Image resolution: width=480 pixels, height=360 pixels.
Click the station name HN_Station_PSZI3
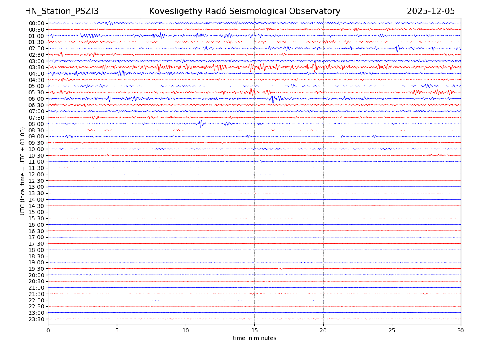62,11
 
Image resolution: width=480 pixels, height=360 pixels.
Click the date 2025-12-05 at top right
431,11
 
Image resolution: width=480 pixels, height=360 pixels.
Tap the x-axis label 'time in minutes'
254,338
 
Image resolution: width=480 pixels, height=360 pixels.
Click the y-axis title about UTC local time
23,171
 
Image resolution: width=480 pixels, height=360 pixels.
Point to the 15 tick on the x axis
254,330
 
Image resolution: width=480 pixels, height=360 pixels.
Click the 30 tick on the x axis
461,330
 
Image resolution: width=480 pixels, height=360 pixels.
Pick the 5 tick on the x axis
117,330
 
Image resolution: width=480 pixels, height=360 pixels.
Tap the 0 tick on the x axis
48,330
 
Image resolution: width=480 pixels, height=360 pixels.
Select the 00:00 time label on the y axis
36,23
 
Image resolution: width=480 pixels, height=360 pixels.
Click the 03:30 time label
36,67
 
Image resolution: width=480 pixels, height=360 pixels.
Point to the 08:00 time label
36,124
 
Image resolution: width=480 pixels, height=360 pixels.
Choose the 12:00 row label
36,174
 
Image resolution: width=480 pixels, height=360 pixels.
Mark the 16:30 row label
36,231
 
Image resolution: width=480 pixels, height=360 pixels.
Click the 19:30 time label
36,269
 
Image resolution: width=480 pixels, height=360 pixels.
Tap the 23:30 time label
36,319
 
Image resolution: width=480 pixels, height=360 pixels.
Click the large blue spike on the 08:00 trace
201,124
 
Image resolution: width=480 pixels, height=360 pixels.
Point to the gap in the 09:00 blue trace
338,136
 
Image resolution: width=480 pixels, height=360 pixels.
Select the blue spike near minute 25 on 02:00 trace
398,48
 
